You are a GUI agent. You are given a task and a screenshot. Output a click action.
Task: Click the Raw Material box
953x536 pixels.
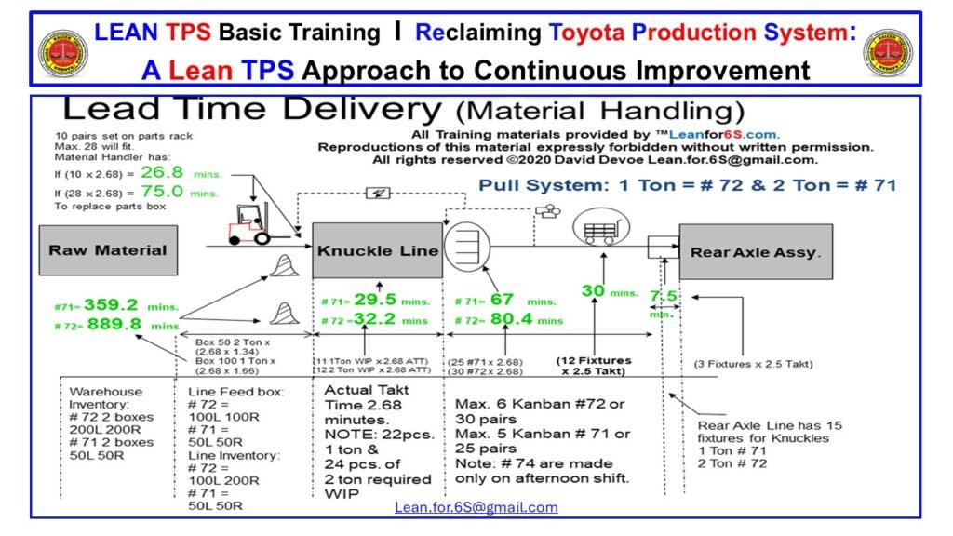(x=107, y=250)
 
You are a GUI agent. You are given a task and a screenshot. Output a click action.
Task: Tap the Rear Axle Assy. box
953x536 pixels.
(x=755, y=251)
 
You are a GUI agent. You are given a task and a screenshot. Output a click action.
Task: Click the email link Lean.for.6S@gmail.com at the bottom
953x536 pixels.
(x=476, y=507)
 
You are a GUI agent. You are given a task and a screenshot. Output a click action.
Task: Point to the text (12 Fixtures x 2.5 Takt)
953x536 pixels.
(x=594, y=366)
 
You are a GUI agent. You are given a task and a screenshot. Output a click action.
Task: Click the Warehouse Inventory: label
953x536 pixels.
(x=106, y=397)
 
